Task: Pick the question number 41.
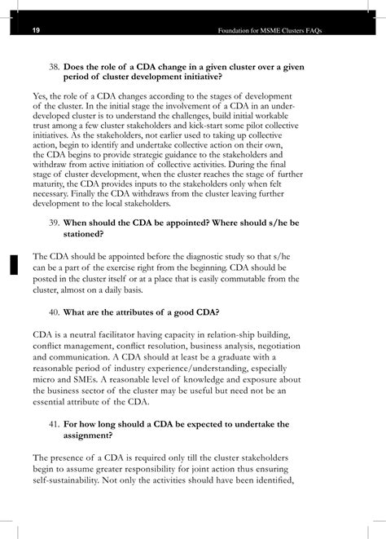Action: [x=55, y=424]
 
